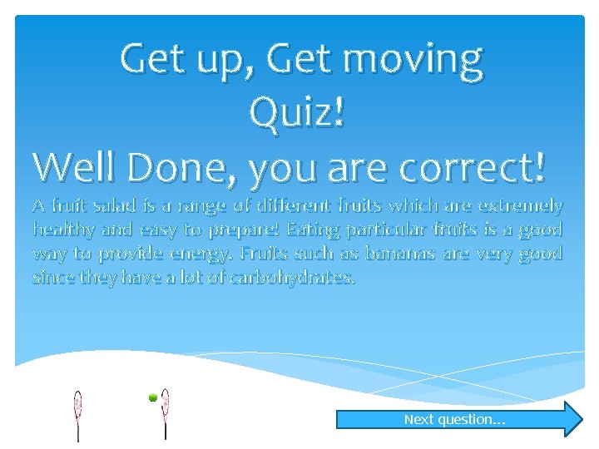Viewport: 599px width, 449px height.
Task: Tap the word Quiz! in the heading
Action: tap(297, 113)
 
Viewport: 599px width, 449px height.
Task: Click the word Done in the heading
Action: tap(177, 167)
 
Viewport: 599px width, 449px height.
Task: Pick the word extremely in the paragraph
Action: tap(525, 205)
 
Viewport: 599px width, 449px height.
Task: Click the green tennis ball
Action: tap(153, 399)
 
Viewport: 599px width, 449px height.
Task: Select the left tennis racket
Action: tap(78, 412)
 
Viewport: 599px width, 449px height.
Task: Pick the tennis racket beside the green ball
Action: tap(166, 412)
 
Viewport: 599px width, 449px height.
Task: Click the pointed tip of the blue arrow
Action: tap(582, 419)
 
